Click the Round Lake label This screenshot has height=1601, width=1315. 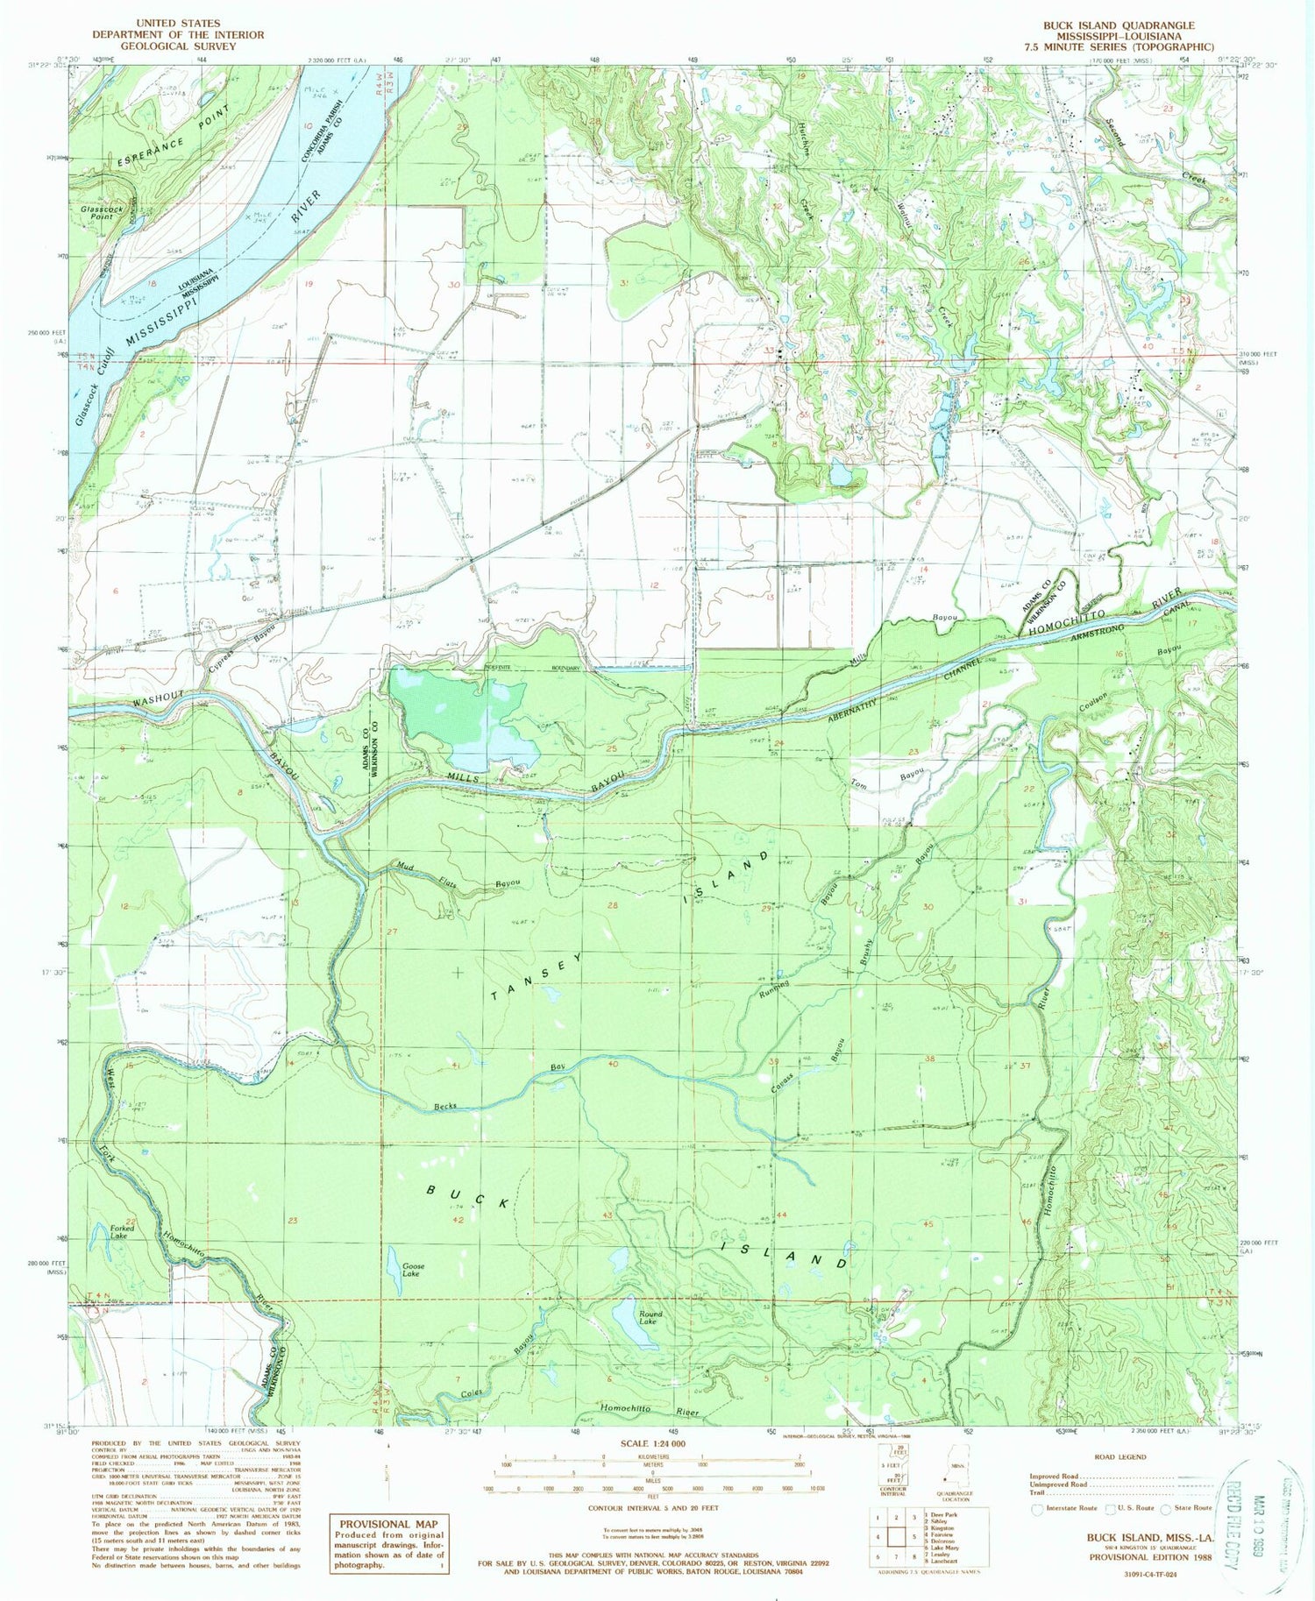pyautogui.click(x=650, y=1317)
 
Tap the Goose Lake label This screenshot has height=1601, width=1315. pyautogui.click(x=413, y=1270)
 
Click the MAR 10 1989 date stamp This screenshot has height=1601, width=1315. pyautogui.click(x=1262, y=1518)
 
